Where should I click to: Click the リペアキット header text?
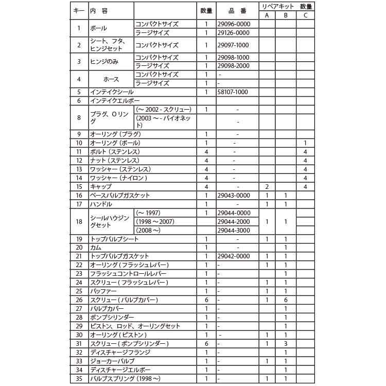(277, 7)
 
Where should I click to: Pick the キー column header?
(79, 11)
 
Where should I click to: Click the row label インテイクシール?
(111, 92)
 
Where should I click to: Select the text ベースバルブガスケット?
(119, 195)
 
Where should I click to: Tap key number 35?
(79, 379)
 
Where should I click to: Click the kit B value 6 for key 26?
(286, 300)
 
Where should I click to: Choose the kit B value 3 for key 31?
(286, 344)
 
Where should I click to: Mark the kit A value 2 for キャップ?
(267, 186)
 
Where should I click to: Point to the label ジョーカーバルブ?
(112, 361)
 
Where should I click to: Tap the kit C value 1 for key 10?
(305, 143)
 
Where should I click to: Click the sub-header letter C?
(305, 15)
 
